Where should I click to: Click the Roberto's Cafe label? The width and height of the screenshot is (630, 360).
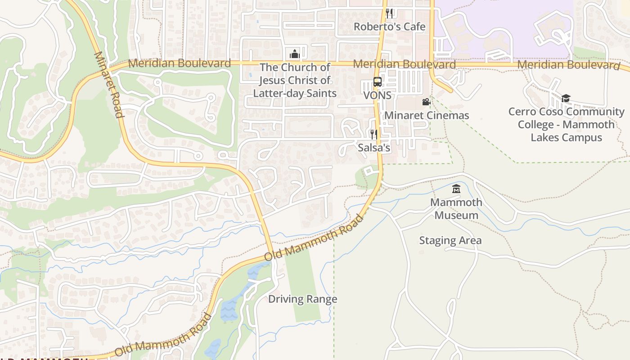[x=389, y=27]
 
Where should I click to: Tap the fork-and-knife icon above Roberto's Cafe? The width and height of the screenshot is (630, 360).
[x=389, y=13]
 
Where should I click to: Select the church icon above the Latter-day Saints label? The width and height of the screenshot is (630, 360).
[x=295, y=54]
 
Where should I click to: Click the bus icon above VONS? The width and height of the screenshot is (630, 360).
[x=377, y=82]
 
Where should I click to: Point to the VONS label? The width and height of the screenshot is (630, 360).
[x=377, y=95]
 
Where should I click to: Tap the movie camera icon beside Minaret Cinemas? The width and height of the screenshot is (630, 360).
[x=426, y=102]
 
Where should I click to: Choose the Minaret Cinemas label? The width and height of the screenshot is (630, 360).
[x=426, y=115]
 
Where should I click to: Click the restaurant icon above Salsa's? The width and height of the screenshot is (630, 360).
[x=373, y=134]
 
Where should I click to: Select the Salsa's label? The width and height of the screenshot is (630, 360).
[x=373, y=148]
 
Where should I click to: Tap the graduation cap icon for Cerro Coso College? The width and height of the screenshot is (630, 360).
[x=566, y=98]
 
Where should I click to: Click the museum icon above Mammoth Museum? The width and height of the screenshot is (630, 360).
[x=456, y=189]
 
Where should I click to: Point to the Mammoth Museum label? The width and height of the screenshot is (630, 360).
[x=456, y=209]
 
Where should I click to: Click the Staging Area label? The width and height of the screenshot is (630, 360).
[x=450, y=240]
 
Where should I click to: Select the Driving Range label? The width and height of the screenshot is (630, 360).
[x=302, y=299]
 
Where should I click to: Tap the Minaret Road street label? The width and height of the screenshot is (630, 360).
[x=108, y=85]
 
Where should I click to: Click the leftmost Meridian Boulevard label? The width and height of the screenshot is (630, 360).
[x=179, y=63]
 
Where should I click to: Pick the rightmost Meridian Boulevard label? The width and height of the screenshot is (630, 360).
[x=568, y=65]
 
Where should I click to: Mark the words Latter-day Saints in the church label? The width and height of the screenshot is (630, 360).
[x=295, y=93]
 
